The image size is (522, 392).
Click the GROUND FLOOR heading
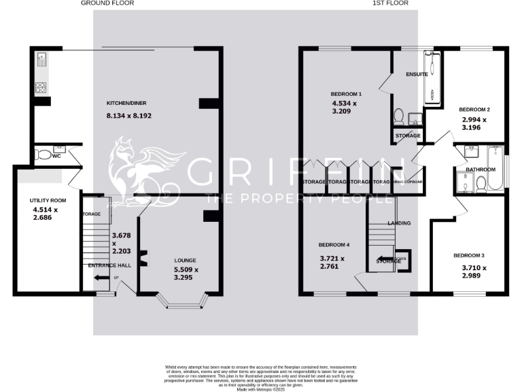[107, 3]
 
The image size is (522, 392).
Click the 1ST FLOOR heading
[390, 3]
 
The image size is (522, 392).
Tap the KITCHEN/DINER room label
[126, 103]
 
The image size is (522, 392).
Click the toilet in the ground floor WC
[45, 156]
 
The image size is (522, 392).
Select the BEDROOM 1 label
[346, 94]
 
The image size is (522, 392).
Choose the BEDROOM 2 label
[474, 110]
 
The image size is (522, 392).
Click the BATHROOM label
[481, 169]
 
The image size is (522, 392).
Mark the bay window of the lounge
[180, 301]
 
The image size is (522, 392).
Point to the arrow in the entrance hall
[101, 277]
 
